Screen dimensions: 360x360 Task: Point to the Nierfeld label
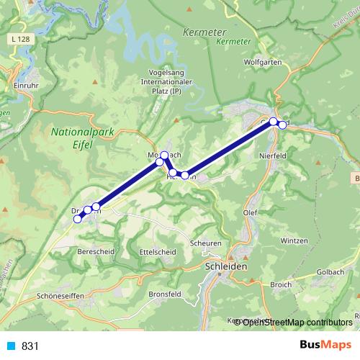[x=272, y=153]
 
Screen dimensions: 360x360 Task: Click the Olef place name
[x=249, y=213]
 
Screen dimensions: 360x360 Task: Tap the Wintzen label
[x=295, y=240]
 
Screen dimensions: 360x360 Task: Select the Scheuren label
[x=206, y=243]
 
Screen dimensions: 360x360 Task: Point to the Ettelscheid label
[x=157, y=252]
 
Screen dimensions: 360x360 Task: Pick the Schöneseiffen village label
[x=60, y=296]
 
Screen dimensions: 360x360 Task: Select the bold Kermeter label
[x=204, y=32]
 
